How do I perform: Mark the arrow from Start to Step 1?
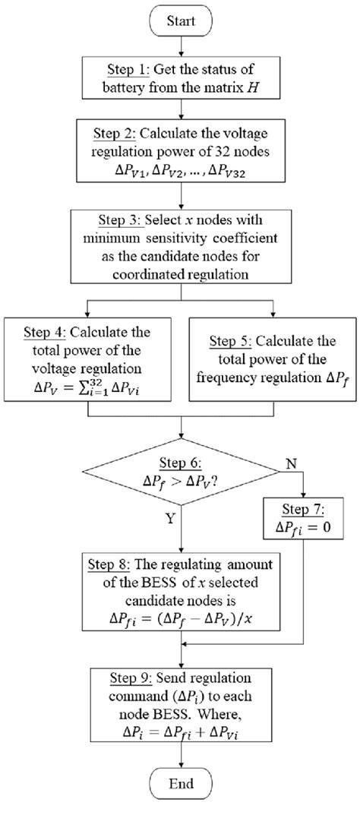click(x=180, y=47)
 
